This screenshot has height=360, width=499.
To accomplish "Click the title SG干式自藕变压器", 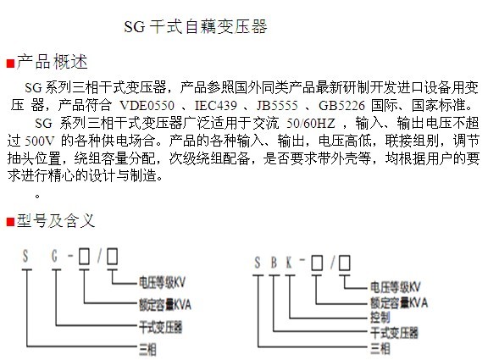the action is (x=196, y=27).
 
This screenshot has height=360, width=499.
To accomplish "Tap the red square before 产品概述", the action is (x=10, y=64).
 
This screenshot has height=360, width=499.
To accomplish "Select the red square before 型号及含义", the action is (x=10, y=222).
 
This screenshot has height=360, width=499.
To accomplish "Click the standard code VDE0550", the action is (x=147, y=106).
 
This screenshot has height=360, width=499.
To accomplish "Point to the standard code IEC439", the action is (x=216, y=106).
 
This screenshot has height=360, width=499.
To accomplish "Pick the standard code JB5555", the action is (x=278, y=106).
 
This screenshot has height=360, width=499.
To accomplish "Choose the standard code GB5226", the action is (x=341, y=106).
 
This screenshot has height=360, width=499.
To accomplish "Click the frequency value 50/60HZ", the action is (x=311, y=123).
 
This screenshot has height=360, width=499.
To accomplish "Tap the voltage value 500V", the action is (x=40, y=141).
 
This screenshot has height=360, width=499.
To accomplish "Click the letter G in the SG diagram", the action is (x=55, y=256).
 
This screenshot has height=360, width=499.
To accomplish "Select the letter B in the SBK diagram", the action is (x=274, y=263).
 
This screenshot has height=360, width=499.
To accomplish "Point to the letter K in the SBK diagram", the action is (x=289, y=263).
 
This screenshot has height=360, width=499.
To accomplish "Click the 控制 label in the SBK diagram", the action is (x=380, y=317).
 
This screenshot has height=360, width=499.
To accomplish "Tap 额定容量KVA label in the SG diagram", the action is (x=165, y=305).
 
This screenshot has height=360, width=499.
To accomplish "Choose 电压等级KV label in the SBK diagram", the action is (x=395, y=287).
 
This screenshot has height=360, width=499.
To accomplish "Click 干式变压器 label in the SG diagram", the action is (x=160, y=327).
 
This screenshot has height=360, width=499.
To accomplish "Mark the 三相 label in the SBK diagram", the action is (x=380, y=348).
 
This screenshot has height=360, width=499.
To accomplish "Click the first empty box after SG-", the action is (x=84, y=256).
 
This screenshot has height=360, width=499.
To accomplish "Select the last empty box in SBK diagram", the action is (x=345, y=263).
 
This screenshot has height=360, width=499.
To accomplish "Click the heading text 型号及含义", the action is (x=56, y=221).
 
